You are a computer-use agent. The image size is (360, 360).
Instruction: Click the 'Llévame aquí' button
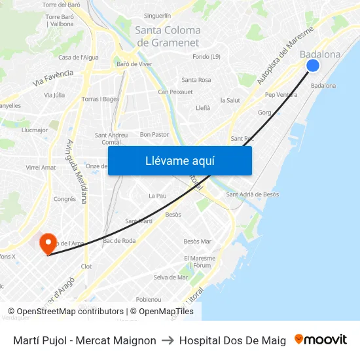179,161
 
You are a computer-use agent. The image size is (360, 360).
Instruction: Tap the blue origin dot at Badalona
313,65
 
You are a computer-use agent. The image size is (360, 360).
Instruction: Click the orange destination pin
48,244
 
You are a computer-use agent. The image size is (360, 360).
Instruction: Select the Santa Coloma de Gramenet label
167,36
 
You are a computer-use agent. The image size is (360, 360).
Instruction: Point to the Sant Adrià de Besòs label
252,194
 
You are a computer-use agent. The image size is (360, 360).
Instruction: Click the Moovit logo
320,340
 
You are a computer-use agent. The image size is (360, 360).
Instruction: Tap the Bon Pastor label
154,134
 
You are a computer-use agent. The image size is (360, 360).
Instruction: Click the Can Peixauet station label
175,92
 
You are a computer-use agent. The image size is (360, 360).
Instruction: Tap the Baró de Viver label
134,64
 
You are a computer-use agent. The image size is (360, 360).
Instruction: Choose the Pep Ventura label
281,95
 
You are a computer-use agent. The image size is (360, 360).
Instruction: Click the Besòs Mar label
197,242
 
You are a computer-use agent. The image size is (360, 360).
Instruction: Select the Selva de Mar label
170,278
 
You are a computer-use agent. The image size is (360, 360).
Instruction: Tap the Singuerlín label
157,16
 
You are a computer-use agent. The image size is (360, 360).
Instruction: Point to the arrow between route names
168,340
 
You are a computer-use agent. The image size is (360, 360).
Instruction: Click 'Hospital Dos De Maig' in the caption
232,340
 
